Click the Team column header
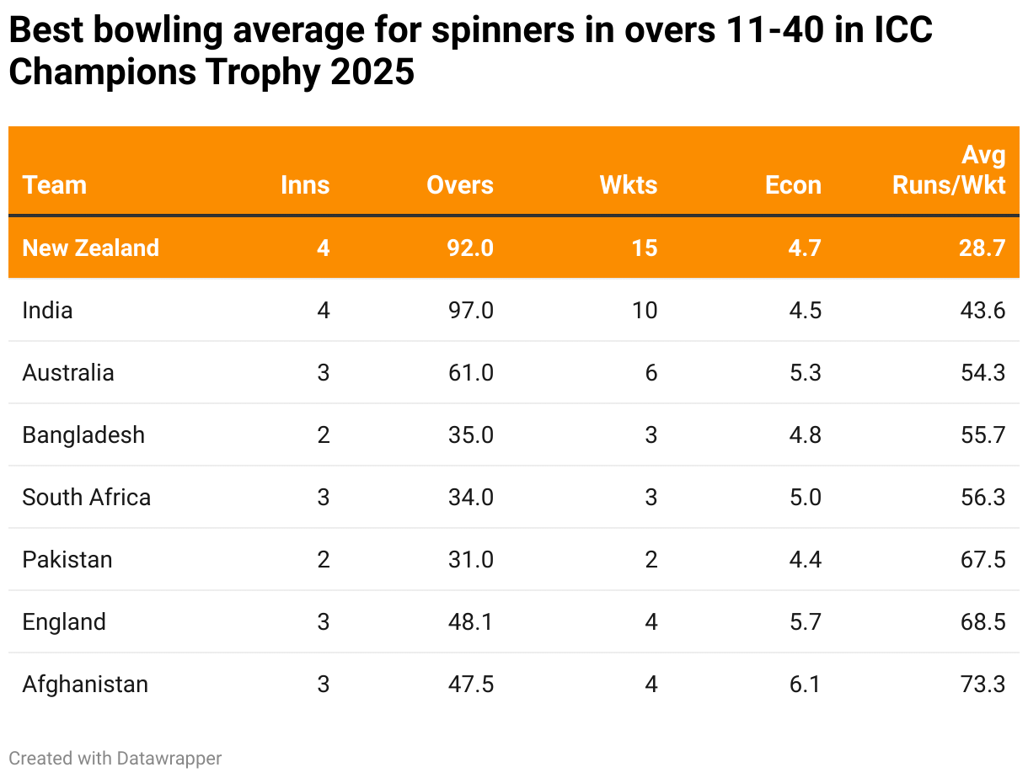point(55,185)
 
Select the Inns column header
point(305,185)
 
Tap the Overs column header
point(460,185)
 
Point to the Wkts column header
point(629,185)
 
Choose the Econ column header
point(793,185)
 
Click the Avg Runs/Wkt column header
point(950,170)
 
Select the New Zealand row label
point(91,248)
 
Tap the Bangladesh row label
point(83,434)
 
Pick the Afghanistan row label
point(85,684)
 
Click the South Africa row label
point(87,497)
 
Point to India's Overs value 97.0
point(471,310)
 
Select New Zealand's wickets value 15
point(645,248)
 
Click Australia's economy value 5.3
point(805,372)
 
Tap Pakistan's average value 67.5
point(984,559)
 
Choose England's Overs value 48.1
point(471,621)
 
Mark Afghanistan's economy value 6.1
point(805,684)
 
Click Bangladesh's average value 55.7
point(984,434)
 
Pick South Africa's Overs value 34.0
point(471,497)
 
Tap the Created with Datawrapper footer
point(115,758)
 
